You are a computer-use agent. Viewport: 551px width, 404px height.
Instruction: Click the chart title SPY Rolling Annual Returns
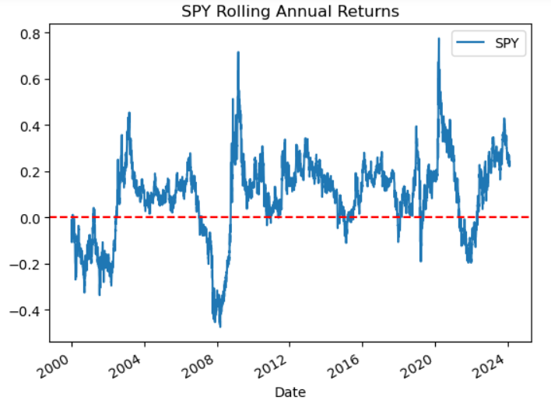point(290,12)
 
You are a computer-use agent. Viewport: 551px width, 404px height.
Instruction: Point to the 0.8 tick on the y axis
point(33,33)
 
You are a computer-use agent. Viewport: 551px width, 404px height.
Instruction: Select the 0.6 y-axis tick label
point(33,79)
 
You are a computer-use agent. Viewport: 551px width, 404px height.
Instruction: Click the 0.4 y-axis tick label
point(33,125)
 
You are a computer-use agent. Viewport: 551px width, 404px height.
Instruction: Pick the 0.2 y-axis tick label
point(33,172)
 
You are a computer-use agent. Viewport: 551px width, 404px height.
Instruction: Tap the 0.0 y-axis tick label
point(33,218)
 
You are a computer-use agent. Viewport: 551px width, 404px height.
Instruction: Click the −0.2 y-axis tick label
point(29,265)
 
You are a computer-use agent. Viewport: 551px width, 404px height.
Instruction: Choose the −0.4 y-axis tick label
point(29,311)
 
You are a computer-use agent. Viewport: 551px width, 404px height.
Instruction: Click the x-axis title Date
point(290,392)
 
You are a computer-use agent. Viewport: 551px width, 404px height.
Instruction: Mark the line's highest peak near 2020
point(439,38)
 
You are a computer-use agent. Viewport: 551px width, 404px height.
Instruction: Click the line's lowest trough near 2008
point(219,326)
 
